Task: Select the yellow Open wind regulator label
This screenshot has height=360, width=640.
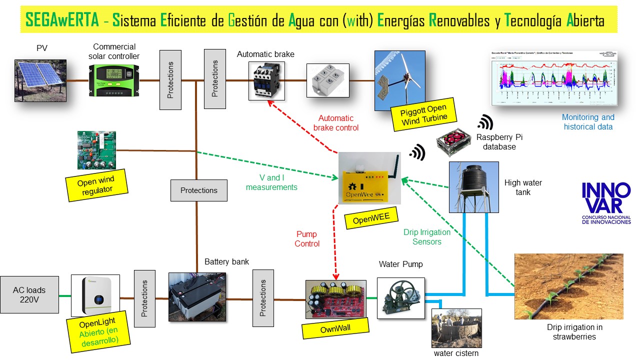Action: [95, 185]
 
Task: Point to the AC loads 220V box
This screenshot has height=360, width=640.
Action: [29, 295]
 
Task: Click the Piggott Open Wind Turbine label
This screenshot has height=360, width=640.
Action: [423, 114]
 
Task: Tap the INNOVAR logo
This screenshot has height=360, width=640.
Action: [606, 203]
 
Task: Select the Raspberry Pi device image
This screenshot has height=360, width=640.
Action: [453, 143]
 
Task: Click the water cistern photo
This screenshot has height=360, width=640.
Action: [456, 328]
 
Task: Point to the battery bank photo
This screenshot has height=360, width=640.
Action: [197, 297]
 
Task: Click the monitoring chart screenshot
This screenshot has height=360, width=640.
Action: [554, 77]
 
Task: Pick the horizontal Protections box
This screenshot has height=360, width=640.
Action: [199, 190]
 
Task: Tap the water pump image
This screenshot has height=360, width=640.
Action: [400, 298]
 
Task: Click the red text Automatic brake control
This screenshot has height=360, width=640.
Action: [336, 123]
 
